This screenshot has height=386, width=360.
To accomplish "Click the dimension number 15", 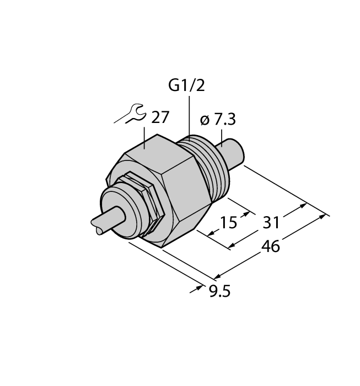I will pos(228,222).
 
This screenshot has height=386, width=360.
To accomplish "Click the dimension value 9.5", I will pos(217,289).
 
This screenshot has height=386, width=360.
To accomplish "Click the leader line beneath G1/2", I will pos(189,116).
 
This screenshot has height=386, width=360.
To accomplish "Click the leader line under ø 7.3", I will pos(221,135).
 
